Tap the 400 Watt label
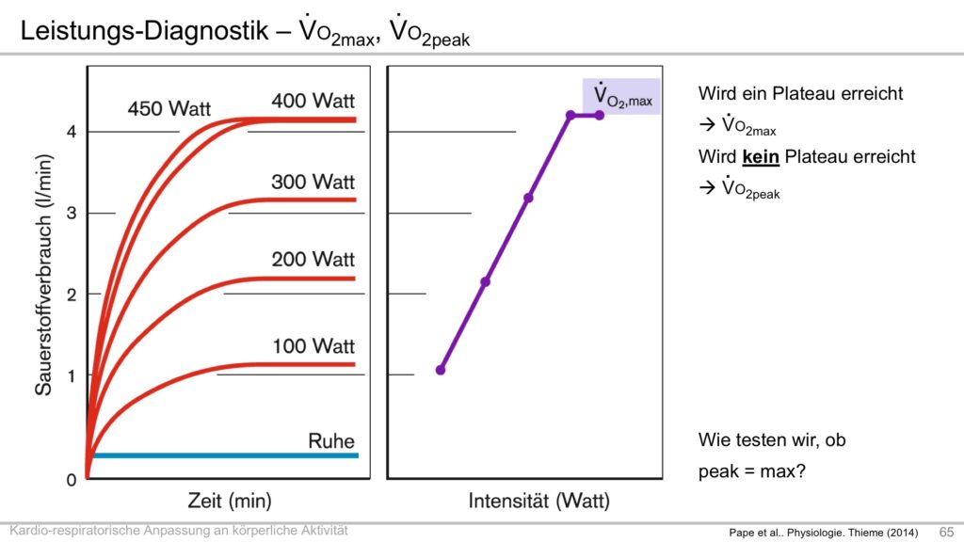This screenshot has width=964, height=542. pyautogui.click(x=313, y=100)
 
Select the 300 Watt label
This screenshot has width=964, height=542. pyautogui.click(x=313, y=181)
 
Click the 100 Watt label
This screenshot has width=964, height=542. pyautogui.click(x=313, y=346)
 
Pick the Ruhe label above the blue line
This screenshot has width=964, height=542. pyautogui.click(x=331, y=441)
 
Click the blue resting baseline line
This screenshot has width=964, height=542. pyautogui.click(x=226, y=455)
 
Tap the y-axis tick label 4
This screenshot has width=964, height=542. pyautogui.click(x=72, y=132)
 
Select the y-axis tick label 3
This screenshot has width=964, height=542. pyautogui.click(x=72, y=214)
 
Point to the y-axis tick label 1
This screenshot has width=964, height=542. pyautogui.click(x=72, y=375)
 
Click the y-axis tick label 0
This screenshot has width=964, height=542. pyautogui.click(x=72, y=480)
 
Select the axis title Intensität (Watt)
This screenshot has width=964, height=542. pyautogui.click(x=538, y=501)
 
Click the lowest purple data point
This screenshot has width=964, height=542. pyautogui.click(x=441, y=370)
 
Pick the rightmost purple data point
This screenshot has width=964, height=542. pyautogui.click(x=600, y=115)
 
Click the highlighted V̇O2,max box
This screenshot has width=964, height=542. pyautogui.click(x=621, y=96)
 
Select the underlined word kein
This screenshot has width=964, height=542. pyautogui.click(x=761, y=155)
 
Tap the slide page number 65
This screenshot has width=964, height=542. pyautogui.click(x=946, y=532)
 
